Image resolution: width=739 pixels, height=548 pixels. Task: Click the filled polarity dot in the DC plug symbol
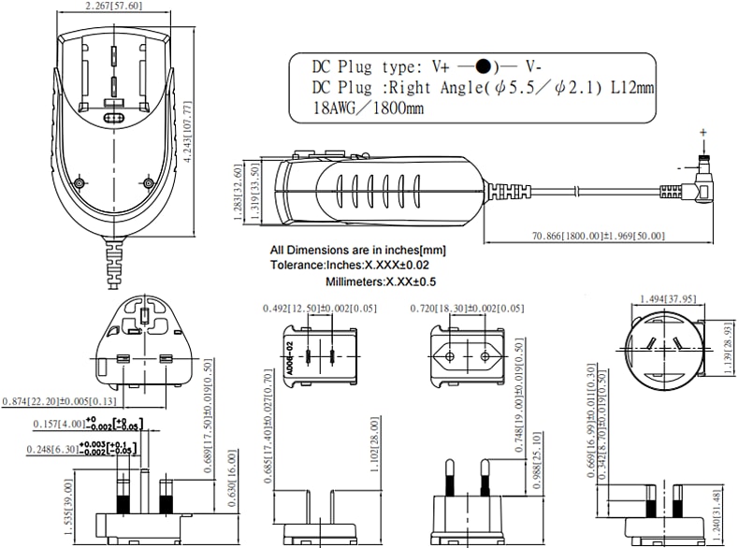click(483, 66)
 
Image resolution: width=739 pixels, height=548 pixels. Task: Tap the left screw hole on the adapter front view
click(80, 182)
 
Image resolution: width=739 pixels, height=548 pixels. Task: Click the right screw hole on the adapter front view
click(147, 182)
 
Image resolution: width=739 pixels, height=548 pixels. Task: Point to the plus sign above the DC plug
click(703, 132)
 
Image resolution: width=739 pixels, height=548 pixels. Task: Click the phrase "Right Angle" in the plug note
click(437, 87)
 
